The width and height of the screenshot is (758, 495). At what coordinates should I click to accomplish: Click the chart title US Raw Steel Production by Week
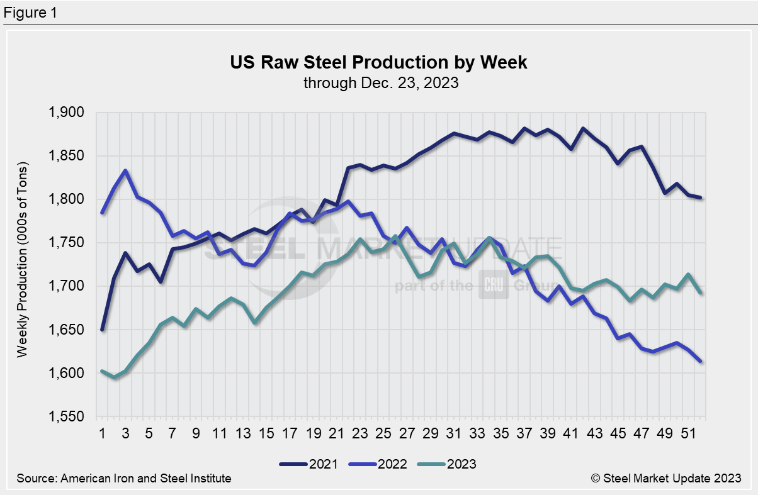tap(378, 63)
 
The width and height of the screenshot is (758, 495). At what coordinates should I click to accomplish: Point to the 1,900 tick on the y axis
tap(74, 113)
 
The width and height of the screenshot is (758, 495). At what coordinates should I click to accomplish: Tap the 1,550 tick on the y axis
tap(74, 418)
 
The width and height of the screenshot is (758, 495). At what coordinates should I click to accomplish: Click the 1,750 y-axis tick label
tap(74, 243)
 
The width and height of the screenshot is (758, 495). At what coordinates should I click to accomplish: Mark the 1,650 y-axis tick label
tap(74, 331)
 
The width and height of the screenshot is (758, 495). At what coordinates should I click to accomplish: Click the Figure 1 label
tap(30, 12)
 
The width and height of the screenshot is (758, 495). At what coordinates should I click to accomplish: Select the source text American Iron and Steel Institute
tap(124, 479)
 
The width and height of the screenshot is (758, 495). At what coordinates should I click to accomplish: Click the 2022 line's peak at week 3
tap(126, 170)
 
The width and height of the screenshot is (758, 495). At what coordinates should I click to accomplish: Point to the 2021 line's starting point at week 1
tap(102, 330)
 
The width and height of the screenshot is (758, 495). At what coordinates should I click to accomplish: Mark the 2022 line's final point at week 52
tap(701, 362)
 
